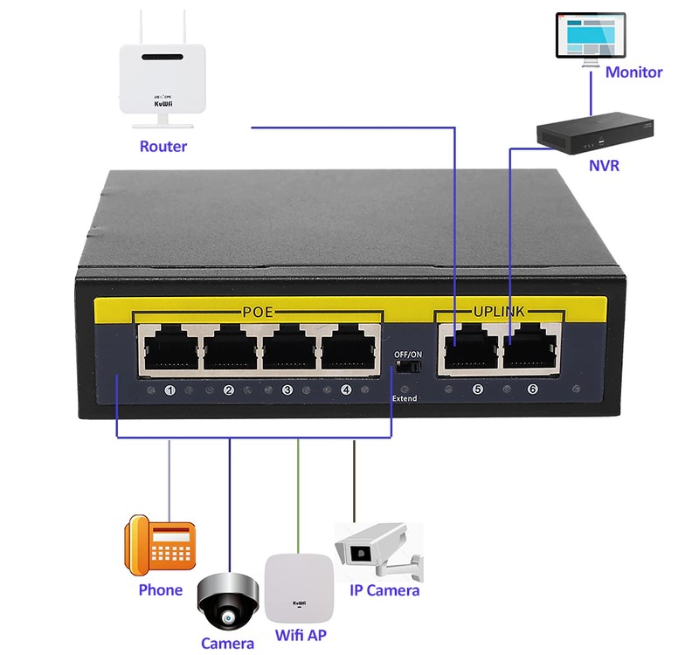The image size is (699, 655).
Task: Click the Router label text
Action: point(163,146)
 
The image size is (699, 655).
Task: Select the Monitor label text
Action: point(633,72)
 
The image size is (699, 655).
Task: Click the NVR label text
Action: point(605,165)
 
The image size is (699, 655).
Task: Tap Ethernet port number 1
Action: point(169,350)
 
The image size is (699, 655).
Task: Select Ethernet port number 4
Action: point(352,350)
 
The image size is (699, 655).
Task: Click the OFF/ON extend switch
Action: point(404,369)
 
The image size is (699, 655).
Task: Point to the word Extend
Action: point(405,398)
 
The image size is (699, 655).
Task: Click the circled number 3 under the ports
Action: point(287,390)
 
